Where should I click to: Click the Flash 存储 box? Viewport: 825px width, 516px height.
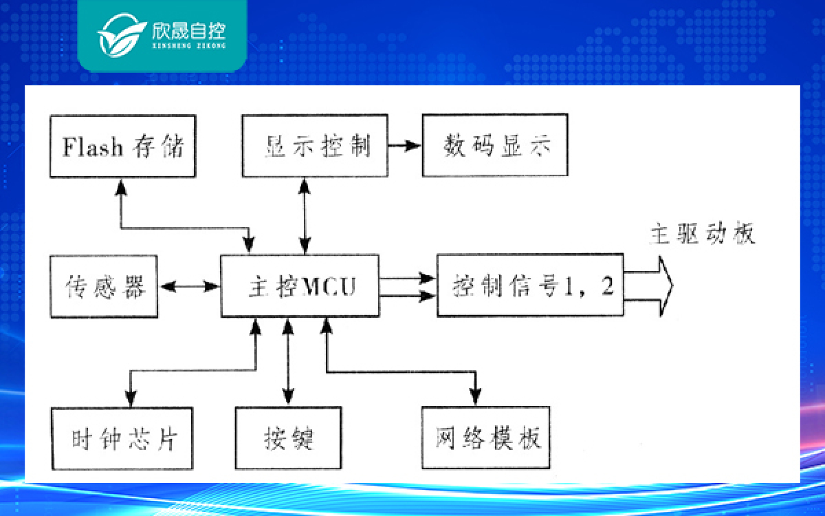pyautogui.click(x=122, y=147)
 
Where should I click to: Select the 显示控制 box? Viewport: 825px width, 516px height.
pyautogui.click(x=315, y=146)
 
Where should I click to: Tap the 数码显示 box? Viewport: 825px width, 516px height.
pyautogui.click(x=495, y=145)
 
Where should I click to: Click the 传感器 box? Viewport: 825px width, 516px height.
pyautogui.click(x=104, y=286)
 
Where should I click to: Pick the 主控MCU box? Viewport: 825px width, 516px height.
pyautogui.click(x=300, y=286)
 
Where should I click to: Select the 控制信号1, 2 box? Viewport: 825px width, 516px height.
pyautogui.click(x=530, y=285)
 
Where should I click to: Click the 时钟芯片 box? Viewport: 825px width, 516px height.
pyautogui.click(x=122, y=438)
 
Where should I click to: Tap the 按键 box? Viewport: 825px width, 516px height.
pyautogui.click(x=288, y=438)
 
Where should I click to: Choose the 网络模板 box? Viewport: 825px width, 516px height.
pyautogui.click(x=486, y=438)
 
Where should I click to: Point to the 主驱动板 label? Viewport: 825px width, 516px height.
pyautogui.click(x=703, y=233)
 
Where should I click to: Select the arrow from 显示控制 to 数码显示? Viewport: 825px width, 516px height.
pyautogui.click(x=404, y=146)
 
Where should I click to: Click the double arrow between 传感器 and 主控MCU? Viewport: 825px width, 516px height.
pyautogui.click(x=189, y=286)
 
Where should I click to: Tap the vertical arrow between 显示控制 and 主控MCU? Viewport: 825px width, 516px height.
pyautogui.click(x=305, y=215)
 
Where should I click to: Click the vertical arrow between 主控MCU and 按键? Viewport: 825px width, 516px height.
pyautogui.click(x=288, y=362)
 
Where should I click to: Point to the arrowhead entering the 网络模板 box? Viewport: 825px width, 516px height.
pyautogui.click(x=476, y=397)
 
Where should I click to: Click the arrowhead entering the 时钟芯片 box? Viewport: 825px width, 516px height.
pyautogui.click(x=131, y=398)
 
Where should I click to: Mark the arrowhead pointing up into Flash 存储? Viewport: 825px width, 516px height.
pyautogui.click(x=121, y=187)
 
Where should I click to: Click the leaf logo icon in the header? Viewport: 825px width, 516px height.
pyautogui.click(x=122, y=35)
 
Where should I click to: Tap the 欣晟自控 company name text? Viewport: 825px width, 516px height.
pyautogui.click(x=189, y=30)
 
